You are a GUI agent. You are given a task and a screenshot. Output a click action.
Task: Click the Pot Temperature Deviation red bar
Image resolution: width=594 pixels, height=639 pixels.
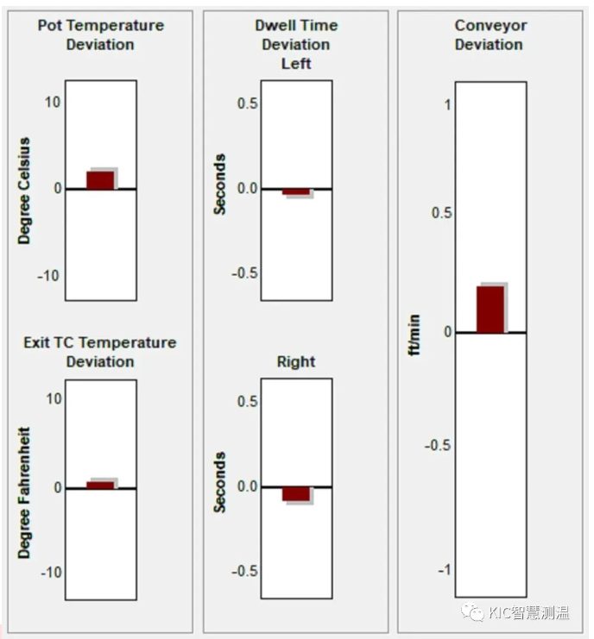(100, 180)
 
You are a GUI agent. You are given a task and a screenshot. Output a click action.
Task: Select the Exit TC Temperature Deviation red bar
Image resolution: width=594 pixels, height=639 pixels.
(100, 485)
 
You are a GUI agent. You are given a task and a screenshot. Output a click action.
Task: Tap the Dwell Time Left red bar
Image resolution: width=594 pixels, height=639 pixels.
(296, 191)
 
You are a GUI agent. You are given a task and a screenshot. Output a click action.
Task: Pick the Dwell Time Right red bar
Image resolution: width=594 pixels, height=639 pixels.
(296, 494)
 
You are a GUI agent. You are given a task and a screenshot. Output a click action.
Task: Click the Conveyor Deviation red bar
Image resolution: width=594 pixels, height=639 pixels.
(490, 310)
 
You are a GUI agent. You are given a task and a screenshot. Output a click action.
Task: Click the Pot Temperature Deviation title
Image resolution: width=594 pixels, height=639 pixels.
(100, 35)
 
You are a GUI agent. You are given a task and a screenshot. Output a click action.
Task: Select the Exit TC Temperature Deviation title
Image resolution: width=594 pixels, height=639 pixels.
(100, 352)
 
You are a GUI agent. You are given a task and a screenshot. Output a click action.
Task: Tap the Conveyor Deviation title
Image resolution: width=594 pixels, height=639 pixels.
(490, 35)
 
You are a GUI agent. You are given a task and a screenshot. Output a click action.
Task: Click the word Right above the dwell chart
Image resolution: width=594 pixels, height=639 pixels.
(296, 361)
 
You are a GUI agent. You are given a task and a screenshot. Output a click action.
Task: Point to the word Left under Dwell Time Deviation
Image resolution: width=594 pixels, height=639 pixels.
(296, 64)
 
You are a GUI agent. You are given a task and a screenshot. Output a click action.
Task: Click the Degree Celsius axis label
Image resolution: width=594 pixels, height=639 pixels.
(24, 191)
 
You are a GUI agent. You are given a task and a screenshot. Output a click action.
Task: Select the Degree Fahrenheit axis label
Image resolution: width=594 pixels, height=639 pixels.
(24, 492)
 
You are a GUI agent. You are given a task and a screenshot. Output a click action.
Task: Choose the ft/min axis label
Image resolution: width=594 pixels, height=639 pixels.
(414, 335)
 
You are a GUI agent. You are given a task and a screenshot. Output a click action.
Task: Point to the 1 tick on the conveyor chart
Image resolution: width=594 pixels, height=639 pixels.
(447, 105)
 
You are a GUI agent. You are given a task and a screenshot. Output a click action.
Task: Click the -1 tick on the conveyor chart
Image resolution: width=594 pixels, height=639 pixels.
(445, 570)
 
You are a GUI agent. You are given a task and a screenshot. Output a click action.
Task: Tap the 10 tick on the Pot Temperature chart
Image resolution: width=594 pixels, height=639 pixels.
(53, 103)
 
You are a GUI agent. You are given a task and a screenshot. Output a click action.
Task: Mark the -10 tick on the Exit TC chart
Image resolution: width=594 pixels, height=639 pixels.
(52, 573)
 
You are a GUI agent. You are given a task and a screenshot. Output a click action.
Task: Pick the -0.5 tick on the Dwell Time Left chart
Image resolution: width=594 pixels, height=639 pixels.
(245, 273)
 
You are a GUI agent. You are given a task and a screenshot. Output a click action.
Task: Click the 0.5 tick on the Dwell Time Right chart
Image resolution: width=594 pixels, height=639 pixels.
(248, 401)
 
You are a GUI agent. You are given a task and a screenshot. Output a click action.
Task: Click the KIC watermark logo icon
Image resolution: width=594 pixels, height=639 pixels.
(472, 611)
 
